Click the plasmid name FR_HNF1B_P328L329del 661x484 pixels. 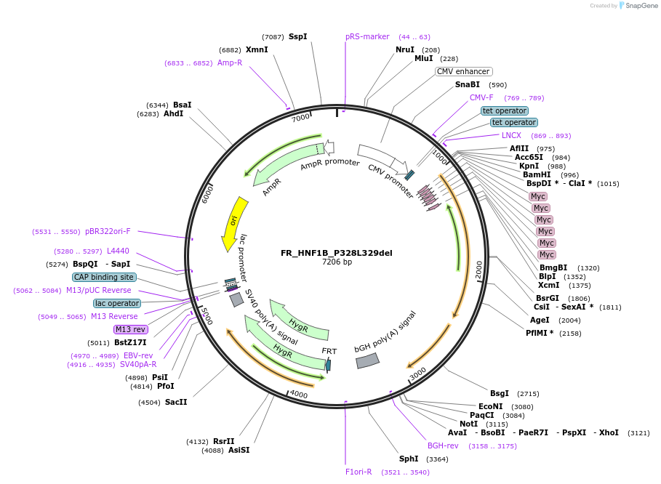tap(336, 253)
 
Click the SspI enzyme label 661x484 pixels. tap(297, 36)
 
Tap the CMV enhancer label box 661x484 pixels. tap(463, 72)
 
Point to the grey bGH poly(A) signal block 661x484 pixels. tap(368, 360)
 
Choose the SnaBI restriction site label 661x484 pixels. tap(468, 85)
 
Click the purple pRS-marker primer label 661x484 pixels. tap(367, 36)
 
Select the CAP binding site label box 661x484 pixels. tap(104, 277)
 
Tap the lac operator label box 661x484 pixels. tap(116, 303)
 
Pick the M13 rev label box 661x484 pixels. tap(131, 329)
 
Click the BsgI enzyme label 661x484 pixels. tap(500, 393)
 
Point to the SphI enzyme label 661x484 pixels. tap(409, 459)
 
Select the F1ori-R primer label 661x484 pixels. tap(358, 472)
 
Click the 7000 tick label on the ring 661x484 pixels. tap(300, 118)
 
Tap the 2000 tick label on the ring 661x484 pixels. tap(478, 267)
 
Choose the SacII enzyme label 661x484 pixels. tap(176, 402)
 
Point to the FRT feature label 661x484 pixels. tap(329, 351)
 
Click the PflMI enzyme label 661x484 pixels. tap(540, 333)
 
